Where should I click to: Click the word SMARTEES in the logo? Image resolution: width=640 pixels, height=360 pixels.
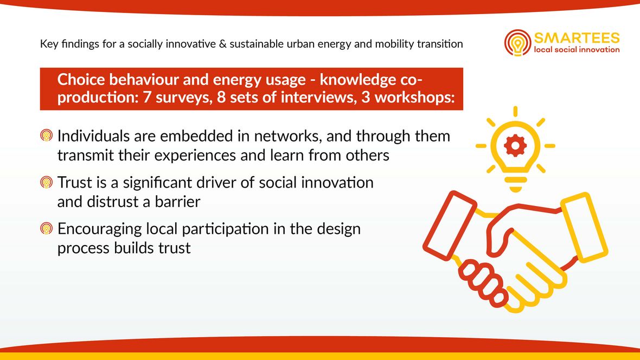[577, 38]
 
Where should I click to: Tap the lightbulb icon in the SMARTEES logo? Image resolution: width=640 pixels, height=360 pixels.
[517, 42]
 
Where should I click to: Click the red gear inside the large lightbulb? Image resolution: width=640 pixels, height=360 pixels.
[515, 146]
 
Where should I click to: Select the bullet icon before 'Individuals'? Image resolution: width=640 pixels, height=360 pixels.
[47, 136]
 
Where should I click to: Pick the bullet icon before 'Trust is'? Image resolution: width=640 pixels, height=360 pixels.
[47, 182]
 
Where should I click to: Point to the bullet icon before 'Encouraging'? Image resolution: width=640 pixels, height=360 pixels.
[47, 228]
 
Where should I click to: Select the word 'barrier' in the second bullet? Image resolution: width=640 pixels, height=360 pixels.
[177, 202]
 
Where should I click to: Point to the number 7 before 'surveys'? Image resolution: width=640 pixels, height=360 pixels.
[147, 98]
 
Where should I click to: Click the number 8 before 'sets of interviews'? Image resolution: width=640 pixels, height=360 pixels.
[221, 98]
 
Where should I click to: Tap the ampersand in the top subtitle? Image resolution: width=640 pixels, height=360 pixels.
[222, 44]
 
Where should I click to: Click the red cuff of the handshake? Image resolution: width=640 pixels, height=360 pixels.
[450, 226]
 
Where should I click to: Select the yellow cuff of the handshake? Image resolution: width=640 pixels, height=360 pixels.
[584, 227]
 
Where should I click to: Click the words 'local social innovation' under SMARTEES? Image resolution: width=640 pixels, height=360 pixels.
[577, 50]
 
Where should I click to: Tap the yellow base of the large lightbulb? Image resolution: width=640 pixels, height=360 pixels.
[515, 183]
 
